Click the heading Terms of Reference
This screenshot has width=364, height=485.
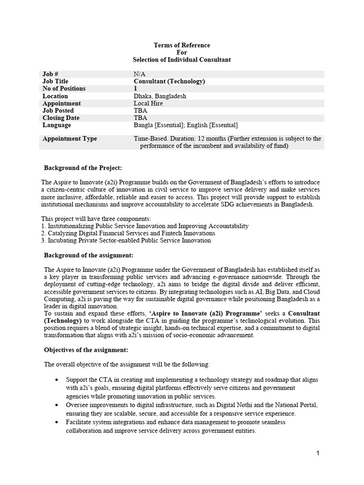point(182,45)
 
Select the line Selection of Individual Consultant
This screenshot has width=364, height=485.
point(182,60)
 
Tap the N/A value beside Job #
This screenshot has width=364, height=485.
point(139,74)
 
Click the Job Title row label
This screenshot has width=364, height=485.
point(55,81)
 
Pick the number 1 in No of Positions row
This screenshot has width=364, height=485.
point(136,89)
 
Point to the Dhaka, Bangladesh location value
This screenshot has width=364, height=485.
point(160,96)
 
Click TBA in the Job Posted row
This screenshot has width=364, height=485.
point(140,111)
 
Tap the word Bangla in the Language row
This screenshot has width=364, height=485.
point(144,125)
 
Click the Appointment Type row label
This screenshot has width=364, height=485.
point(69,139)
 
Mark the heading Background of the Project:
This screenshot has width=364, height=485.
point(83,168)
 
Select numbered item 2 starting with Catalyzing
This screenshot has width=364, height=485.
point(128,233)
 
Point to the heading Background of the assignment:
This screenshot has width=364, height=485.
point(85,255)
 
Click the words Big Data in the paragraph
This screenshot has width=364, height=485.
point(270,292)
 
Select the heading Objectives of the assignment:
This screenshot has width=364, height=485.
point(86,350)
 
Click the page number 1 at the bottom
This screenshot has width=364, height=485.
point(318,453)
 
